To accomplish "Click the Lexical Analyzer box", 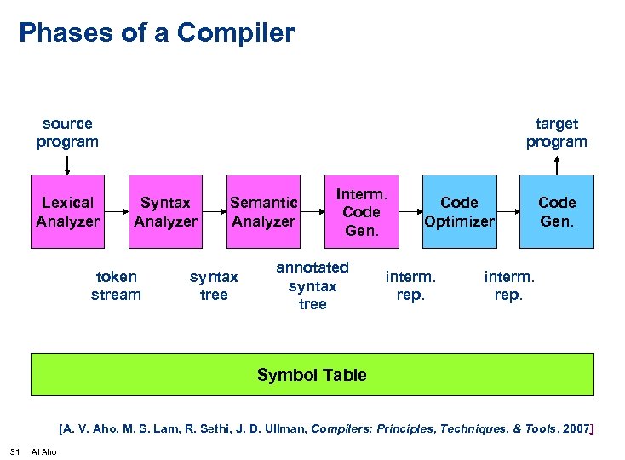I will click(68, 212).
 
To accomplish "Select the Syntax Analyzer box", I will click(165, 212).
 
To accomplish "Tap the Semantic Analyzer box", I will click(263, 212).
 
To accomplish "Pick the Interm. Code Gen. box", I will click(361, 212).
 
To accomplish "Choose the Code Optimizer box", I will click(459, 212).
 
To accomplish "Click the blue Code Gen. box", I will click(557, 212).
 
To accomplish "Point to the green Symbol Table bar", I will click(312, 375).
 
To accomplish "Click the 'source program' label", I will click(67, 132).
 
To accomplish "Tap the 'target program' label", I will click(556, 132).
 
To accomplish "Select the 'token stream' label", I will click(116, 285).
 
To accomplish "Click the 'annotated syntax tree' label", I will click(312, 285).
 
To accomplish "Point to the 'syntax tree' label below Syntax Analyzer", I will click(214, 285).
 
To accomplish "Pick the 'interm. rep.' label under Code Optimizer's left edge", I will click(410, 285).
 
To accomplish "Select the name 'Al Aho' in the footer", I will click(43, 451).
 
